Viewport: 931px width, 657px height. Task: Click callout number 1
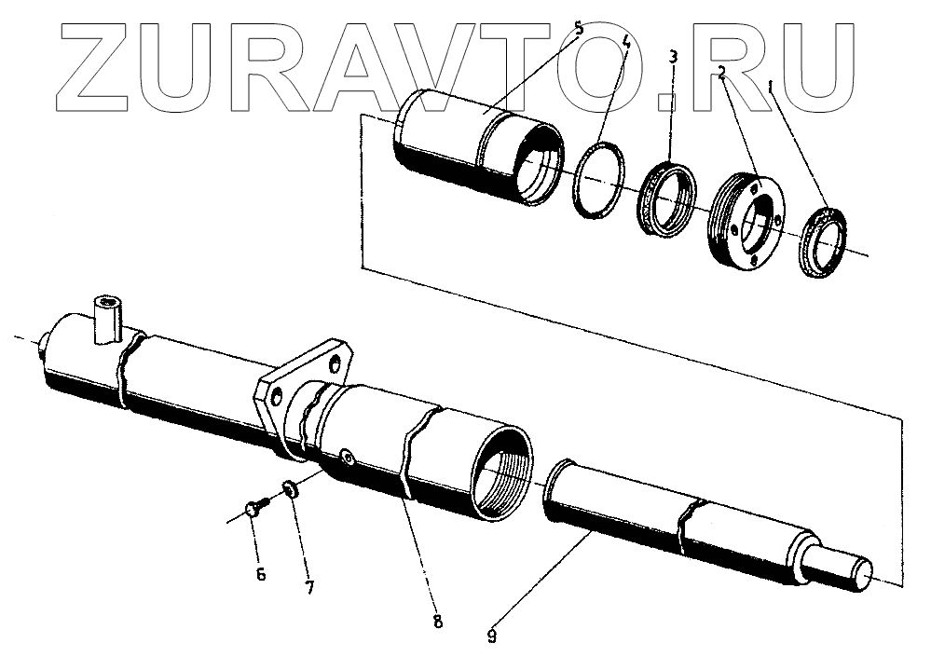coord(771,87)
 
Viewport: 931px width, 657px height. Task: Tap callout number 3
coord(672,58)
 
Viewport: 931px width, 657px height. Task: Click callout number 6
coord(260,574)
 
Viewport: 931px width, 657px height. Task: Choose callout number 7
coord(308,587)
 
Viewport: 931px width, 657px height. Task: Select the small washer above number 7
coord(290,488)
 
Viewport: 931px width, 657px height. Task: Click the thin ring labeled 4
coord(600,180)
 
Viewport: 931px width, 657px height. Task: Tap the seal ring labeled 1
coord(822,243)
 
